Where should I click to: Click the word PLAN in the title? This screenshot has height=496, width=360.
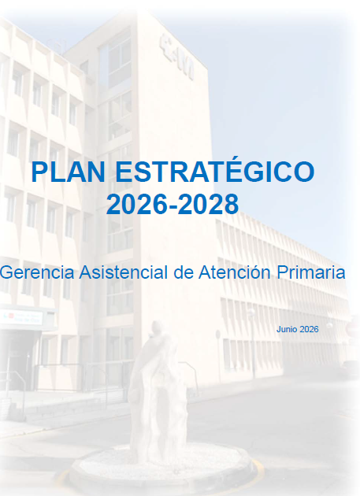click(x=68, y=172)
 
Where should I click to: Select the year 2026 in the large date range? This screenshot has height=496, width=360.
click(x=136, y=205)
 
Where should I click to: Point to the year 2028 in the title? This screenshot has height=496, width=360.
click(x=208, y=205)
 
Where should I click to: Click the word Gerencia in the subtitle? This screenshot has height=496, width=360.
click(x=37, y=272)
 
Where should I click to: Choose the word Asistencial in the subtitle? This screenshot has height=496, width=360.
click(x=124, y=272)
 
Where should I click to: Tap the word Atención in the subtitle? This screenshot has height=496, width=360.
click(x=235, y=272)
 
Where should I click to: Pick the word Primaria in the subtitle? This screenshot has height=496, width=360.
click(x=311, y=272)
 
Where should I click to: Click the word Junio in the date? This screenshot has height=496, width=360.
click(x=287, y=329)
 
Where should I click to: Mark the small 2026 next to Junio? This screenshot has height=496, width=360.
click(x=309, y=329)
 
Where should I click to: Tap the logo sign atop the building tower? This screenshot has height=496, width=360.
click(x=176, y=57)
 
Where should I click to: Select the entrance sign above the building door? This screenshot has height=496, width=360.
click(x=22, y=317)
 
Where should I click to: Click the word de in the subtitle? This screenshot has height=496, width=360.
click(x=184, y=272)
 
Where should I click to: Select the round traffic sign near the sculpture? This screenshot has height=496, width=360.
click(x=218, y=335)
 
